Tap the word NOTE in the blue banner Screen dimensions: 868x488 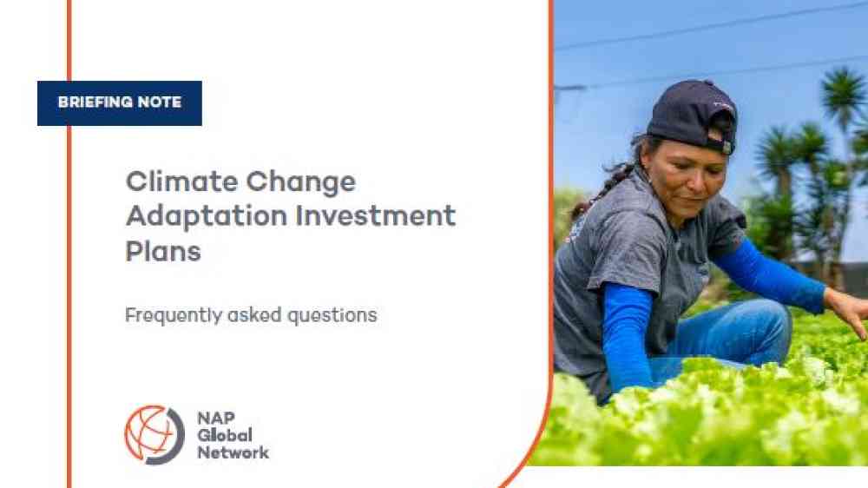(160, 102)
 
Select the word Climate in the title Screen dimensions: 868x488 (182, 181)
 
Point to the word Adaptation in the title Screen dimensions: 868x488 (207, 216)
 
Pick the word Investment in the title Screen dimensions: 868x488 (375, 215)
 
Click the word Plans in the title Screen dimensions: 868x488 (163, 251)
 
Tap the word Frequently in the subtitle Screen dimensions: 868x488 (174, 316)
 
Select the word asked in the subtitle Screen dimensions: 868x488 (254, 314)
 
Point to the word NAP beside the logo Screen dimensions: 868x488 (216, 418)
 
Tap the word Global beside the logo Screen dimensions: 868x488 (225, 435)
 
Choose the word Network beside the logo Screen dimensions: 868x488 (233, 452)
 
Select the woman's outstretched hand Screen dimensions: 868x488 (850, 310)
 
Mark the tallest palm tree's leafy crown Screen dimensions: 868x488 (843, 94)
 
